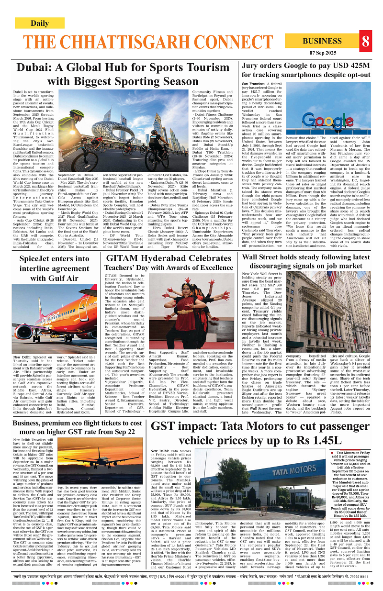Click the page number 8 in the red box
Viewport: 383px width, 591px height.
(x=366, y=42)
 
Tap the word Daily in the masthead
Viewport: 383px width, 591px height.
(x=39, y=23)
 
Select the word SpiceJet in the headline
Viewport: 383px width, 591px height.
(x=38, y=259)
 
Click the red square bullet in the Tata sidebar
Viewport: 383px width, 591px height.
(x=332, y=452)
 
